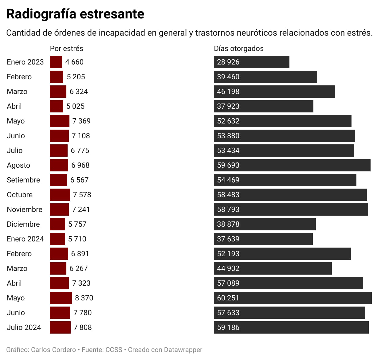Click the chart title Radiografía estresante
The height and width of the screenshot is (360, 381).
coord(75,14)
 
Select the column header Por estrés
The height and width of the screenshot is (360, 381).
coord(66,49)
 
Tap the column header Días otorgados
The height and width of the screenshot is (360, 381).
coord(239,49)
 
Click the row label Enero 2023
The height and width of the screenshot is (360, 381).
coord(25,62)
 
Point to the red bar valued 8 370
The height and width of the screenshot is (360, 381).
coord(61,298)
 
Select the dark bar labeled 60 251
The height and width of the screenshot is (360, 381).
coord(293,298)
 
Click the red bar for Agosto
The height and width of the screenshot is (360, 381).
coord(59,165)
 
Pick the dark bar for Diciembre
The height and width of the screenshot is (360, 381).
coord(265,224)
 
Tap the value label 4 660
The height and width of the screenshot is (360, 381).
coord(74,62)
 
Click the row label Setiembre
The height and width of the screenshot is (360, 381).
coord(23,180)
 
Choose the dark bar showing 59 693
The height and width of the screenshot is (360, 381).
coord(292,165)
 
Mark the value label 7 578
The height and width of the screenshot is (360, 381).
coord(82,195)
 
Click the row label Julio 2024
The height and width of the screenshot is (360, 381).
coord(24,327)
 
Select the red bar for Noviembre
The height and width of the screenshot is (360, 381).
coord(59,209)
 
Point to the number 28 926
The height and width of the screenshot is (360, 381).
coord(228,62)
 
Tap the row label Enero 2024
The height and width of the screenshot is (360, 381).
coord(25,239)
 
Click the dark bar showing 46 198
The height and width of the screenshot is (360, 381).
coord(274,92)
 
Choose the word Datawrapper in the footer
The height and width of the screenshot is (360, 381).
coord(183,350)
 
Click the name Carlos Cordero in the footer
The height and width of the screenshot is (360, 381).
coord(53,350)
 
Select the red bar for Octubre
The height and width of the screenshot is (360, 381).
coord(60,195)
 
